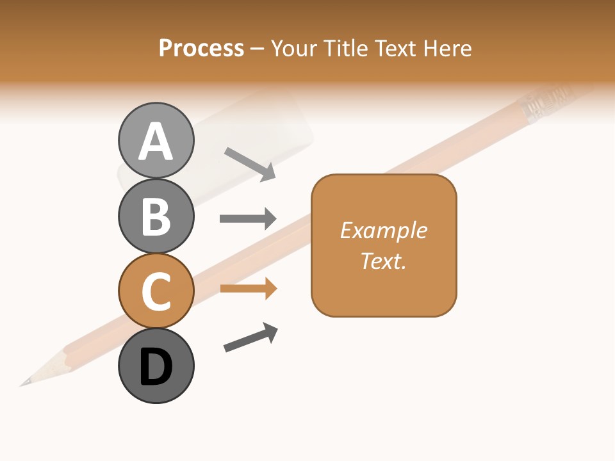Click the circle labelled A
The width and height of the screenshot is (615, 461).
(x=156, y=140)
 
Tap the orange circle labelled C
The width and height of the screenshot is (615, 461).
(x=156, y=291)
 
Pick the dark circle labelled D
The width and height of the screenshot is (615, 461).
(x=156, y=366)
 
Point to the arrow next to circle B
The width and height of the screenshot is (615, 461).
(x=248, y=219)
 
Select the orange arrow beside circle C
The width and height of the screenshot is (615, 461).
(x=248, y=289)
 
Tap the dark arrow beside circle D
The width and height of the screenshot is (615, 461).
(x=251, y=337)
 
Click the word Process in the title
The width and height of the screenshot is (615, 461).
(x=201, y=48)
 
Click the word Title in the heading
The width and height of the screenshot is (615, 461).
(x=346, y=48)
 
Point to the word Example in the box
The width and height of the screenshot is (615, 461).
(x=384, y=230)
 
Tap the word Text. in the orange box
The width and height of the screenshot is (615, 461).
(x=384, y=261)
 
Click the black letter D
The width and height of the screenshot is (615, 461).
(x=156, y=367)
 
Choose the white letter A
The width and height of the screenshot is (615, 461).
(x=156, y=142)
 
